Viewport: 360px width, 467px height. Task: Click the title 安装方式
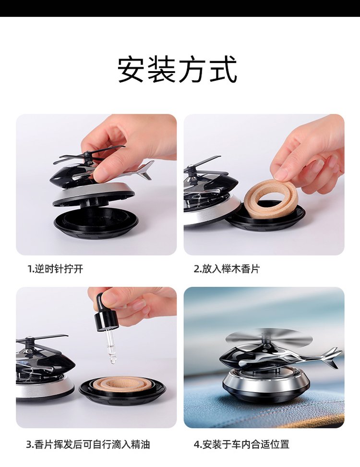[x=177, y=69]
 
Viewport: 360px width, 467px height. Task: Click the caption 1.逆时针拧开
[x=55, y=269]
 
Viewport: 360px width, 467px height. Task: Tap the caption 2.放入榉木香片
[x=227, y=269]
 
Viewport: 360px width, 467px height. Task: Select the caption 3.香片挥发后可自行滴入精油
[x=88, y=445]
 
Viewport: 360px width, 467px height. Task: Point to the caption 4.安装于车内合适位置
[x=241, y=445]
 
